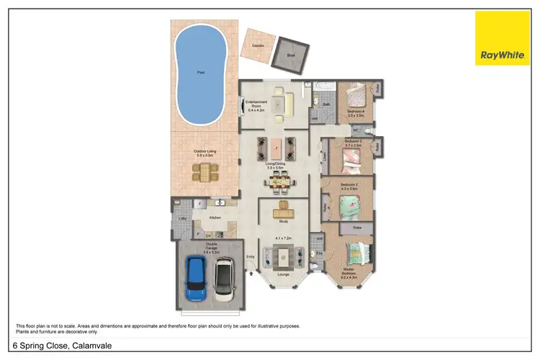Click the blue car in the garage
pos(196,279)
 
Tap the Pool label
pos(200,73)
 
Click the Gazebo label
pos(257,45)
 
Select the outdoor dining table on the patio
pos(205,172)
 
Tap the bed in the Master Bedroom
pos(357,253)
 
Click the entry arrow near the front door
pos(251,272)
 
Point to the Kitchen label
pos(215,217)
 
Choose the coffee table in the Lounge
pos(283,255)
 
